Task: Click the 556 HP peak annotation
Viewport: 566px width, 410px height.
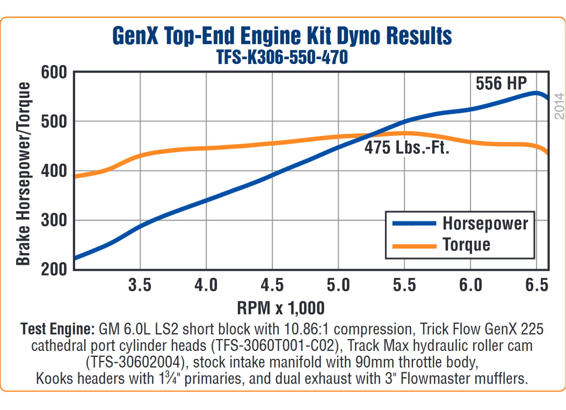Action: (x=501, y=83)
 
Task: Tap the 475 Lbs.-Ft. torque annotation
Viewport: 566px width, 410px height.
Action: (x=407, y=148)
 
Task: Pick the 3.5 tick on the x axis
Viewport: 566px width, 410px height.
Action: (x=140, y=285)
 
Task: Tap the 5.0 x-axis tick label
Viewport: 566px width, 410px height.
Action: (x=338, y=285)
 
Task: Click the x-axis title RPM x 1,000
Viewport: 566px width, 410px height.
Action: (x=281, y=308)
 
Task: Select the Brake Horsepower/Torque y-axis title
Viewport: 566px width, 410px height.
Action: (x=23, y=174)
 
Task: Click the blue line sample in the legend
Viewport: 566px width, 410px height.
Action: (x=414, y=223)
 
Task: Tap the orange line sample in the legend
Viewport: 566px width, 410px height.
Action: (x=414, y=245)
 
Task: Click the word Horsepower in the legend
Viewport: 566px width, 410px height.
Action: (x=485, y=223)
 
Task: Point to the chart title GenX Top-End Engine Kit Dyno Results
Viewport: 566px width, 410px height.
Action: (x=282, y=37)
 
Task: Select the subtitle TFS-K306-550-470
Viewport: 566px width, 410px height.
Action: (x=282, y=57)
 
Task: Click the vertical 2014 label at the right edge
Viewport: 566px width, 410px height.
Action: (x=559, y=105)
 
